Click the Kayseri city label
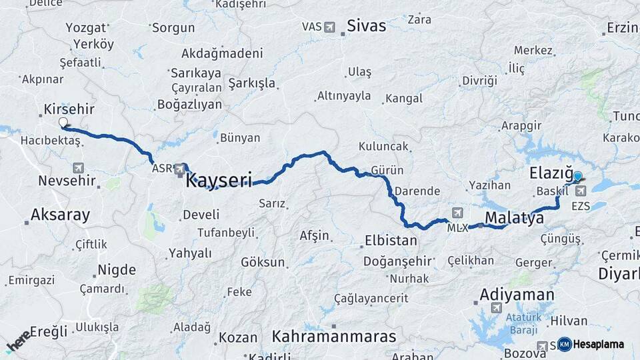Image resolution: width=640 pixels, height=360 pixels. pyautogui.click(x=219, y=180)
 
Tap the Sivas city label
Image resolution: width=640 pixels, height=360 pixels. pyautogui.click(x=366, y=26)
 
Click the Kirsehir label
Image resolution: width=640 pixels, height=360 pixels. pyautogui.click(x=69, y=109)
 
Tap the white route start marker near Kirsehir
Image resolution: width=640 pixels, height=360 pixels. pyautogui.click(x=63, y=123)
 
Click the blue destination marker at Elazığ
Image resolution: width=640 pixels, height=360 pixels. pyautogui.click(x=577, y=177)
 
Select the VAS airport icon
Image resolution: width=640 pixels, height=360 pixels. pyautogui.click(x=329, y=27)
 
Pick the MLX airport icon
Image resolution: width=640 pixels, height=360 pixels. pyautogui.click(x=457, y=213)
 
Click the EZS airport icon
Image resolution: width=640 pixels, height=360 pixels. pyautogui.click(x=581, y=191)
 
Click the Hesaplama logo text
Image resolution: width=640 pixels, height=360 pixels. pyautogui.click(x=599, y=345)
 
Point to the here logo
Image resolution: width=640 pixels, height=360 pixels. pyautogui.click(x=18, y=341)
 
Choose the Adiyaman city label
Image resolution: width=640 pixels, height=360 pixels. pyautogui.click(x=517, y=294)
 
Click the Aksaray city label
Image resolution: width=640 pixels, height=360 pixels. pyautogui.click(x=60, y=215)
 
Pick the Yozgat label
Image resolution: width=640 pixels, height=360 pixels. pyautogui.click(x=86, y=28)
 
